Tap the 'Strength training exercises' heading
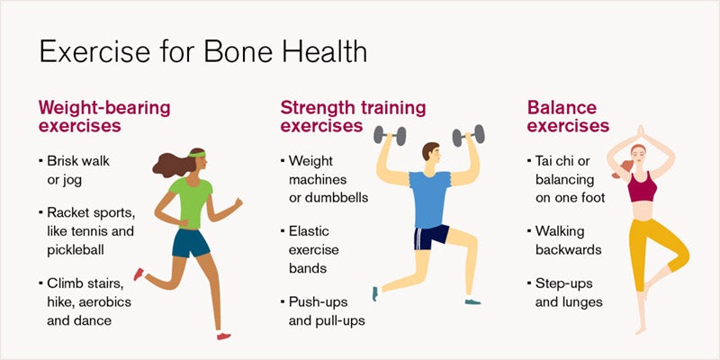pos(353,116)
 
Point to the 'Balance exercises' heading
pos(568,116)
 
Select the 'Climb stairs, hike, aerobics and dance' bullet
pos(85,292)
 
